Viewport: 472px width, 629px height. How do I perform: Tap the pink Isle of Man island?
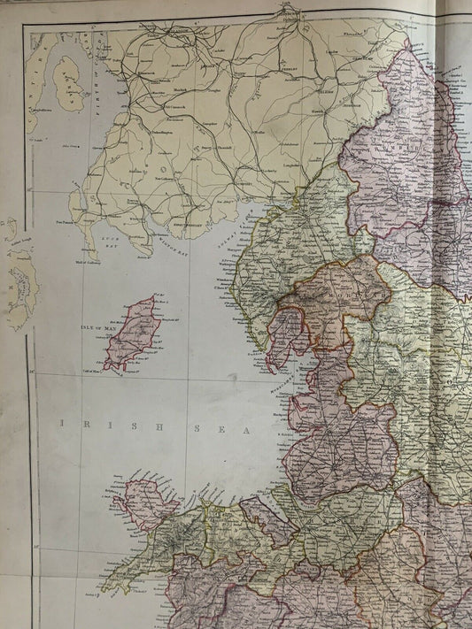click(x=131, y=334)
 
